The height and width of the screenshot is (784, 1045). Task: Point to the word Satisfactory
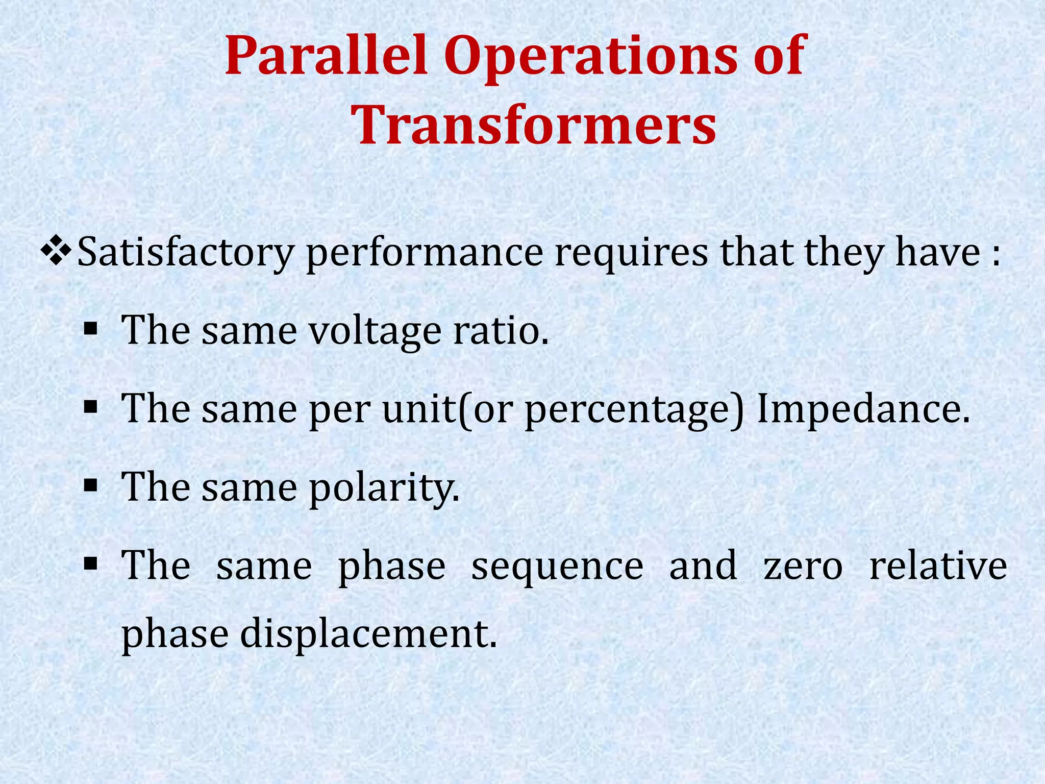tap(186, 252)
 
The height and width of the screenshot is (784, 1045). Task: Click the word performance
tap(424, 252)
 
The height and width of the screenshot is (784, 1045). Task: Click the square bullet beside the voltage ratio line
tap(90, 330)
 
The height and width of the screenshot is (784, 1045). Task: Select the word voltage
tap(375, 331)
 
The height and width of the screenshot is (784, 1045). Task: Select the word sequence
tap(557, 567)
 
